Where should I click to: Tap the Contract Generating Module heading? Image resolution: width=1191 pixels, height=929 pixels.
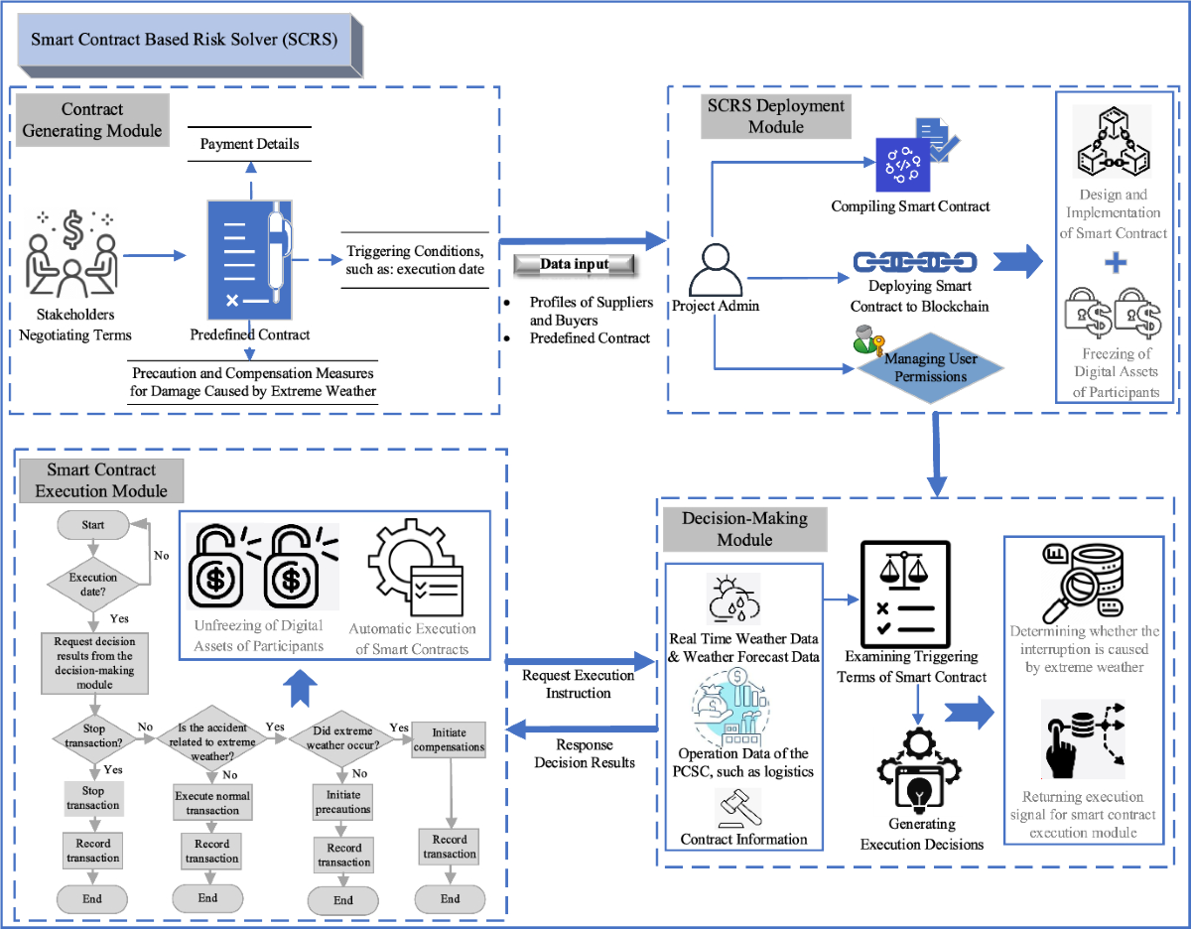point(92,119)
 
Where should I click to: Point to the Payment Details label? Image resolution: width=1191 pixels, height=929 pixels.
point(249,144)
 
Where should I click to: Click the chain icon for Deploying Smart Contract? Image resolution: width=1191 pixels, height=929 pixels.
point(915,262)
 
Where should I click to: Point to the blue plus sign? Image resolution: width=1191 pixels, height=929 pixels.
point(1117,263)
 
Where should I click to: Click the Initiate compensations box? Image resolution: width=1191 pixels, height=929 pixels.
point(450,739)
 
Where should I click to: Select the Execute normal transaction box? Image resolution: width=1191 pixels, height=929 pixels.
point(212,803)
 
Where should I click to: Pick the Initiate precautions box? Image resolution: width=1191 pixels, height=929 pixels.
point(343,802)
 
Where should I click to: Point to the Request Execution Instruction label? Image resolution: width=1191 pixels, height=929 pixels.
point(578,684)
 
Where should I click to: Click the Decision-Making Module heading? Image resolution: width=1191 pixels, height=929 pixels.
point(744,529)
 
